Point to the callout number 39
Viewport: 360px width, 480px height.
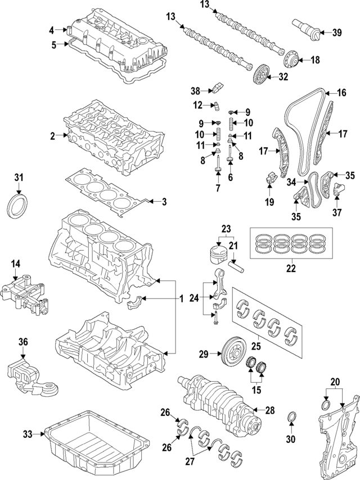coord(336,33)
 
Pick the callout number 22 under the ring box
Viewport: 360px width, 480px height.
coord(290,269)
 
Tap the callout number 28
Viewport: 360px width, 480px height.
coord(269,410)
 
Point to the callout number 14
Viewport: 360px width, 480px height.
coord(16,263)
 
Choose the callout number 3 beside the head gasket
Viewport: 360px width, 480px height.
coord(164,202)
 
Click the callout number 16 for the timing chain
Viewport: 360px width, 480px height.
coord(341,93)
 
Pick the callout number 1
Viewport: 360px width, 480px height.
coord(181,297)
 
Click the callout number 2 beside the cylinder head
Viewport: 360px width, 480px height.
coord(52,136)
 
